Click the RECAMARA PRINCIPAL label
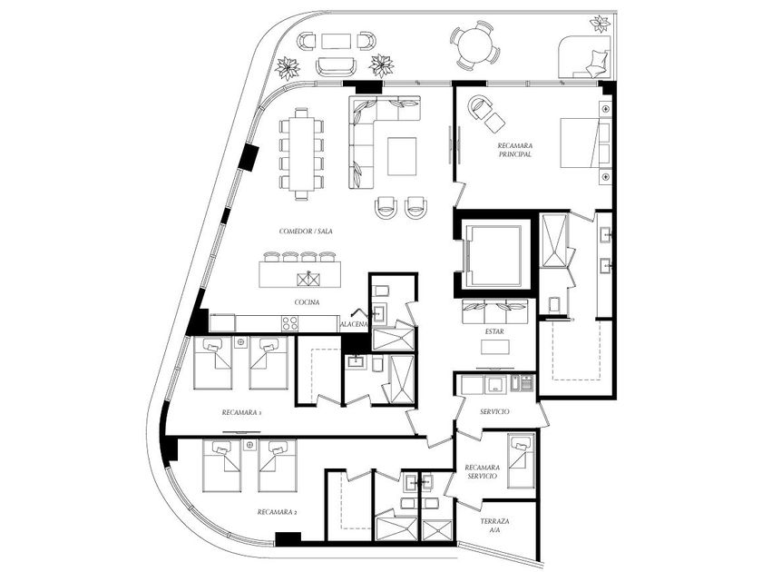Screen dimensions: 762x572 tap(513, 150)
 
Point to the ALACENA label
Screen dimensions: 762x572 tap(353, 323)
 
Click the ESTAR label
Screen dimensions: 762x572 tap(494, 331)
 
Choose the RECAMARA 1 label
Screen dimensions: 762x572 tap(241, 412)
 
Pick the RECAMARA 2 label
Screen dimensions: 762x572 tap(278, 512)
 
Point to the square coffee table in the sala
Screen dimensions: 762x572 tap(402, 155)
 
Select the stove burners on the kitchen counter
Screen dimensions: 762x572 tap(290, 322)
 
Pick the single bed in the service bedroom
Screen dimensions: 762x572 tap(520, 460)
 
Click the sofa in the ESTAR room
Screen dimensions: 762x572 tap(494, 308)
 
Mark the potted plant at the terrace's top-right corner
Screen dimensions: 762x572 tap(599, 24)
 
